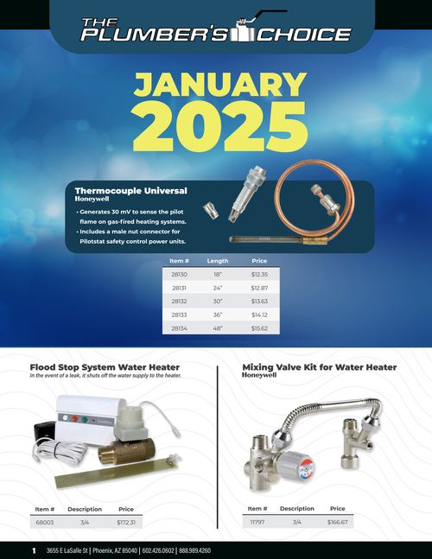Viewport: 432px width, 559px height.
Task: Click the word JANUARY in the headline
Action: [x=220, y=85]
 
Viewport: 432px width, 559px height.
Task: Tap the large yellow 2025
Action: [x=220, y=126]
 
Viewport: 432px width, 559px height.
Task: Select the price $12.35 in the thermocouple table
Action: [x=259, y=274]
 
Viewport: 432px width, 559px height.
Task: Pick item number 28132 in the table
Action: [x=179, y=302]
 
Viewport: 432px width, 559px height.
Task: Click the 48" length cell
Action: [x=218, y=328]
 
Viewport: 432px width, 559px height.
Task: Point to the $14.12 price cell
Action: [x=259, y=314]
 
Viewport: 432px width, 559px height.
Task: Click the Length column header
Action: [x=218, y=261]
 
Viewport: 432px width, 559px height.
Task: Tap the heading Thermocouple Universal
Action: [x=130, y=191]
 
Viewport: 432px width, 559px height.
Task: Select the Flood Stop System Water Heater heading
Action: [x=105, y=367]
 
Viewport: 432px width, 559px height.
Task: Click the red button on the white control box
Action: [x=75, y=419]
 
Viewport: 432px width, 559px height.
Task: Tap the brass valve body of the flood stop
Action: [x=126, y=450]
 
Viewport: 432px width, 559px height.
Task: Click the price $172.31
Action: [x=126, y=522]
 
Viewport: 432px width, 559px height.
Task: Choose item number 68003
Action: [x=45, y=522]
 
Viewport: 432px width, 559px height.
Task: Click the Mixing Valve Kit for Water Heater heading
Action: [x=320, y=367]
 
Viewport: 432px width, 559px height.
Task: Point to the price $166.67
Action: [x=338, y=522]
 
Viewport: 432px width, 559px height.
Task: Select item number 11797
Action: [x=257, y=522]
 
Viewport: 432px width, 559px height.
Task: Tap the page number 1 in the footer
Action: [x=34, y=550]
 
